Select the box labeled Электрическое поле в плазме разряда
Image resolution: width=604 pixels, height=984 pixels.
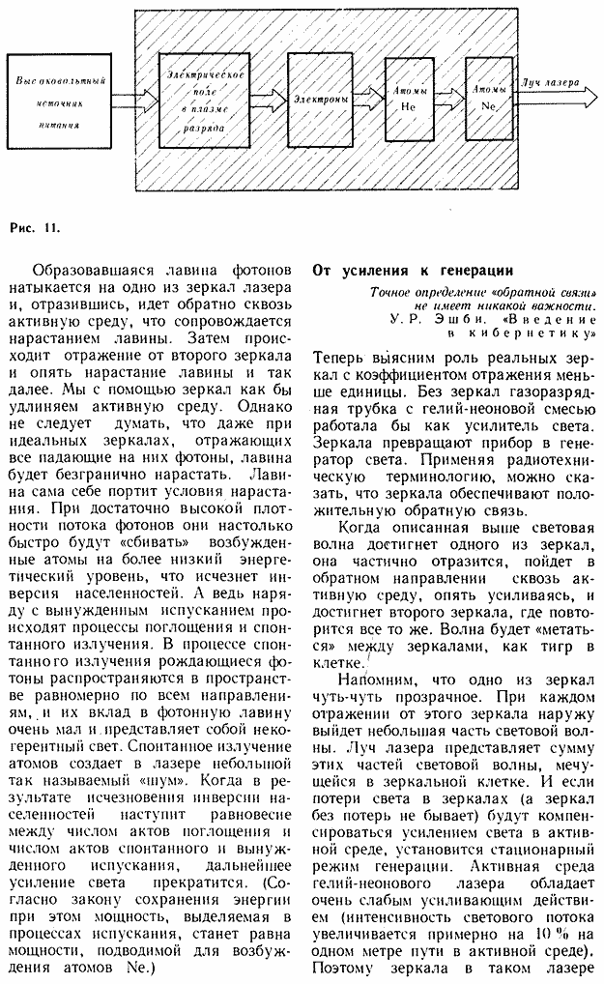coord(203,101)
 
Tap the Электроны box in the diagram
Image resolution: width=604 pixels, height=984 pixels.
coord(323,99)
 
